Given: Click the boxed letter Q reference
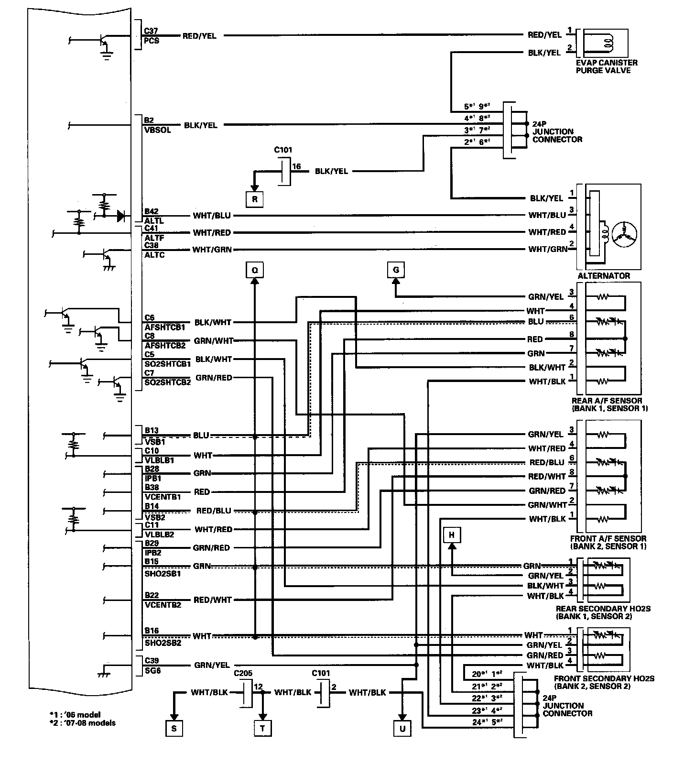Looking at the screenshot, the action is click(254, 270).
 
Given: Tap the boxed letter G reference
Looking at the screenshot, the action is click(396, 270).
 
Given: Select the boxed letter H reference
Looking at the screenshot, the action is click(452, 535).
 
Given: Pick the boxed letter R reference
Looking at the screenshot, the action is click(254, 199).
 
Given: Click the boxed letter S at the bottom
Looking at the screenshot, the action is click(174, 729).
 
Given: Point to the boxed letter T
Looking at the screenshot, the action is click(262, 729).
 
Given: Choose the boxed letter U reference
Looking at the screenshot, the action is click(402, 729).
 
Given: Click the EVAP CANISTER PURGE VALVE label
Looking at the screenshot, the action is click(607, 66).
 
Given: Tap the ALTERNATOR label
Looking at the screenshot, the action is click(604, 276).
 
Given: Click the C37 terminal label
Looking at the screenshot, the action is click(151, 31).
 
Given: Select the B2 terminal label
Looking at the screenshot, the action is click(149, 120).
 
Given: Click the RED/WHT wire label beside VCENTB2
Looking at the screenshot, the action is click(212, 600).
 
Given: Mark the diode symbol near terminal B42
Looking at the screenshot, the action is click(121, 216).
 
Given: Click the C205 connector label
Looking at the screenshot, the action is click(243, 673).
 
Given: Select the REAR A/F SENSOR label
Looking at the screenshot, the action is click(607, 401).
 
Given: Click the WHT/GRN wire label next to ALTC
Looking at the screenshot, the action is click(212, 250).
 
